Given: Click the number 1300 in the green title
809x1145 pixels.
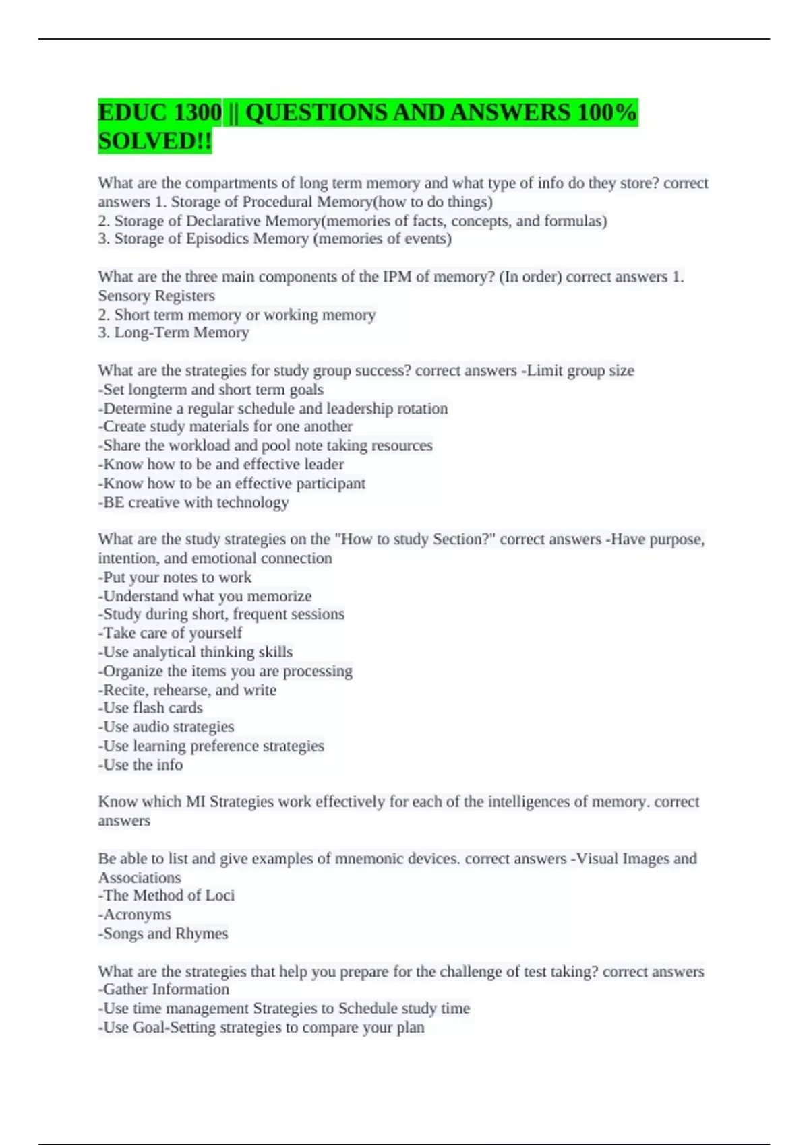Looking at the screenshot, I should tap(197, 112).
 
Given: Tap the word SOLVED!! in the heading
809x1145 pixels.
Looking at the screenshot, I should tap(154, 141).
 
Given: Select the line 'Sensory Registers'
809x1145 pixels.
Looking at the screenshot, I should tap(156, 296).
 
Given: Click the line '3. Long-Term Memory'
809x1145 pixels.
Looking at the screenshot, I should tap(173, 332).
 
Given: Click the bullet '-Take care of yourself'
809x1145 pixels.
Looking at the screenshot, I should tap(170, 632).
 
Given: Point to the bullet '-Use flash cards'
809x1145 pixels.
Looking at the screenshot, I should tap(150, 707).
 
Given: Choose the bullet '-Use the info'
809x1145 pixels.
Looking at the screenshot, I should tap(140, 764).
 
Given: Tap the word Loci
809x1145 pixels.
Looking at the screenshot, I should tap(220, 895).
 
